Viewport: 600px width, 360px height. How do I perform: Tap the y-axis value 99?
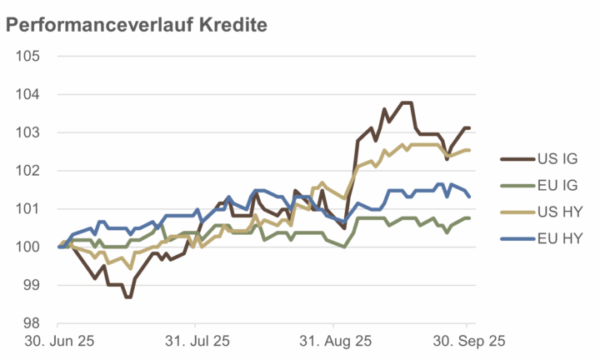coord(33,285)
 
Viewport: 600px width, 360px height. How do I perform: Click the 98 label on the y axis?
coord(33,322)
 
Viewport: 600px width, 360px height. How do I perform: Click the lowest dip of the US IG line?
coord(128,297)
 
